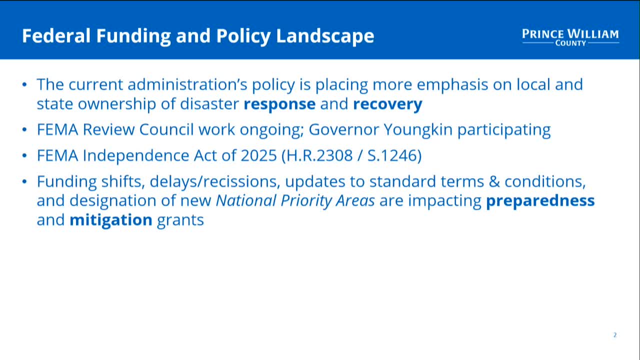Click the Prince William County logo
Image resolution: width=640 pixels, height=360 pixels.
[570, 37]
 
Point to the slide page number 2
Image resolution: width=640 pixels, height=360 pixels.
[615, 335]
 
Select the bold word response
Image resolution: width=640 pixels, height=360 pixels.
[279, 104]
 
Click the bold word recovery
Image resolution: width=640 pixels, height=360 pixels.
[387, 104]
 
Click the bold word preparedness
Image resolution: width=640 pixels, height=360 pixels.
[540, 201]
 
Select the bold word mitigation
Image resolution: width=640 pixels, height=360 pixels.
[110, 220]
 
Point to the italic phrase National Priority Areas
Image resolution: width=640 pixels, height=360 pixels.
[295, 201]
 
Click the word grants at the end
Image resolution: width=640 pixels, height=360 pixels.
[180, 220]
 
